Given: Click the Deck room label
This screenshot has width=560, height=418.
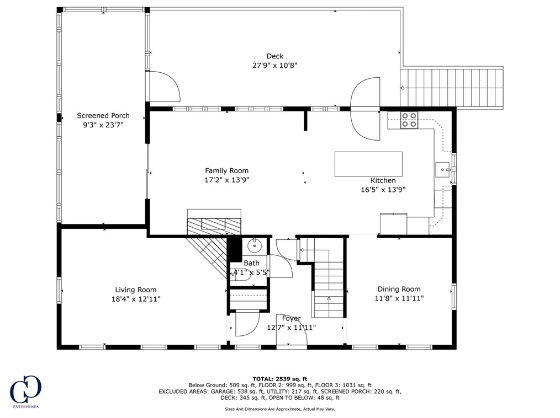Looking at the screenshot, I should pos(274,56).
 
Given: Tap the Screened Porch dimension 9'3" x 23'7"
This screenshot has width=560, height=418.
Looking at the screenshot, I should pos(103,125).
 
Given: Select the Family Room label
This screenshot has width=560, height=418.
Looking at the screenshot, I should pos(226,170).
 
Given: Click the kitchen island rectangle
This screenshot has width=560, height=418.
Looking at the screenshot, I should pos(368,164).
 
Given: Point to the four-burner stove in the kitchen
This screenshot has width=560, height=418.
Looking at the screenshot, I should pos(409,120).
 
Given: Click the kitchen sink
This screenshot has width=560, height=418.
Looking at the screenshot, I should pos(443,169).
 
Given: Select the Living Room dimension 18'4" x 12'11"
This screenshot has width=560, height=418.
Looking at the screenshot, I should pos(136,299).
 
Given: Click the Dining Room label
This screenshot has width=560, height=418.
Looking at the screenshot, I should pos(399,289).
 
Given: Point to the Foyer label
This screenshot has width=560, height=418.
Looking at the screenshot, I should pos(292,318).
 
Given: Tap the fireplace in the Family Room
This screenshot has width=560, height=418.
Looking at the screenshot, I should pos(214,223).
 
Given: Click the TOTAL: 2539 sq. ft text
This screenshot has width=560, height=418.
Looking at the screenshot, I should pos(280,378).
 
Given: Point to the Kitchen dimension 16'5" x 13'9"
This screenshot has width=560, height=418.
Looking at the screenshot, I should pos(383,189).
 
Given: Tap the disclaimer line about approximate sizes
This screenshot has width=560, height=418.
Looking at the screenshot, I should pos(280,409).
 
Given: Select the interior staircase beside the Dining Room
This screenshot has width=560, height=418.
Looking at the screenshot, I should pos(329,287).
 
